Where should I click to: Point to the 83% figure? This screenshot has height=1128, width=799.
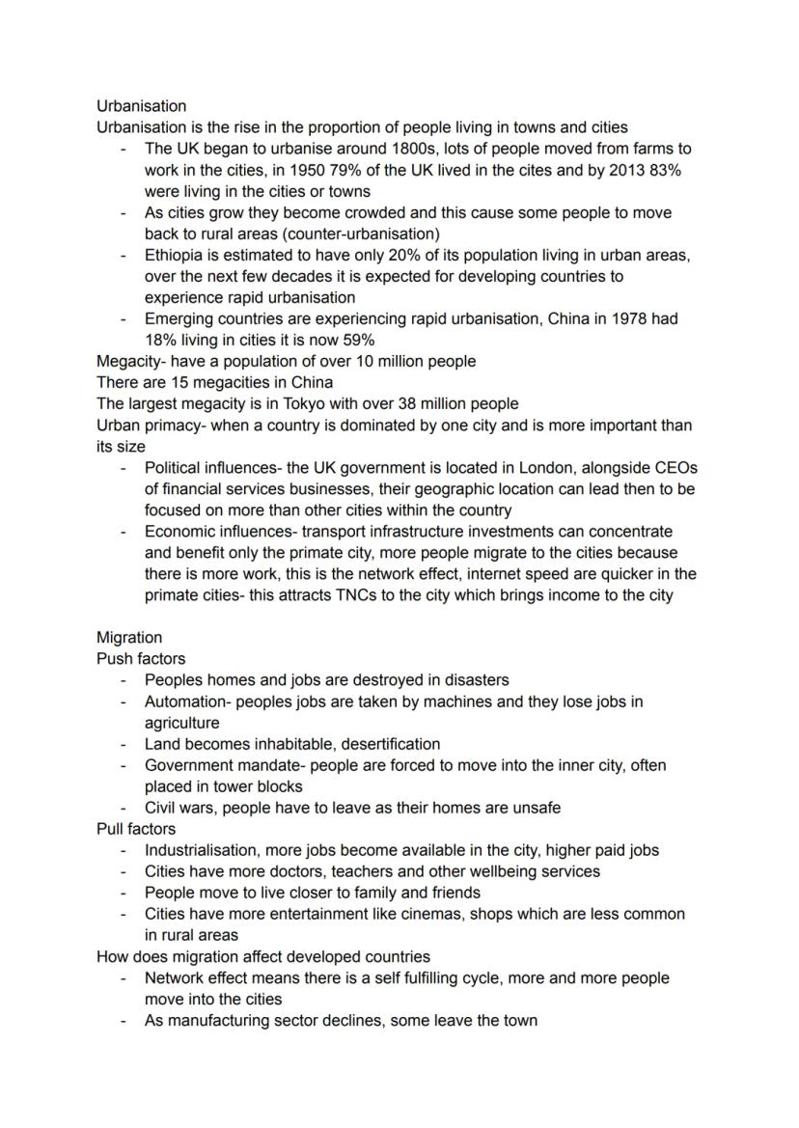[x=663, y=171]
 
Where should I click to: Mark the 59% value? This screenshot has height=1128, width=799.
[x=354, y=341]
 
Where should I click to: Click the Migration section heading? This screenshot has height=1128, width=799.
[x=129, y=638]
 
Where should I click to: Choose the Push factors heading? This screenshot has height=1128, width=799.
[x=141, y=659]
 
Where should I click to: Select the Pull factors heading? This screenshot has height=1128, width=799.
[x=136, y=829]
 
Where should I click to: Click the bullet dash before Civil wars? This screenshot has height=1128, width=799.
[x=124, y=808]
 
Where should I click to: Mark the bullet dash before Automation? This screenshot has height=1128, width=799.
[x=124, y=702]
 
